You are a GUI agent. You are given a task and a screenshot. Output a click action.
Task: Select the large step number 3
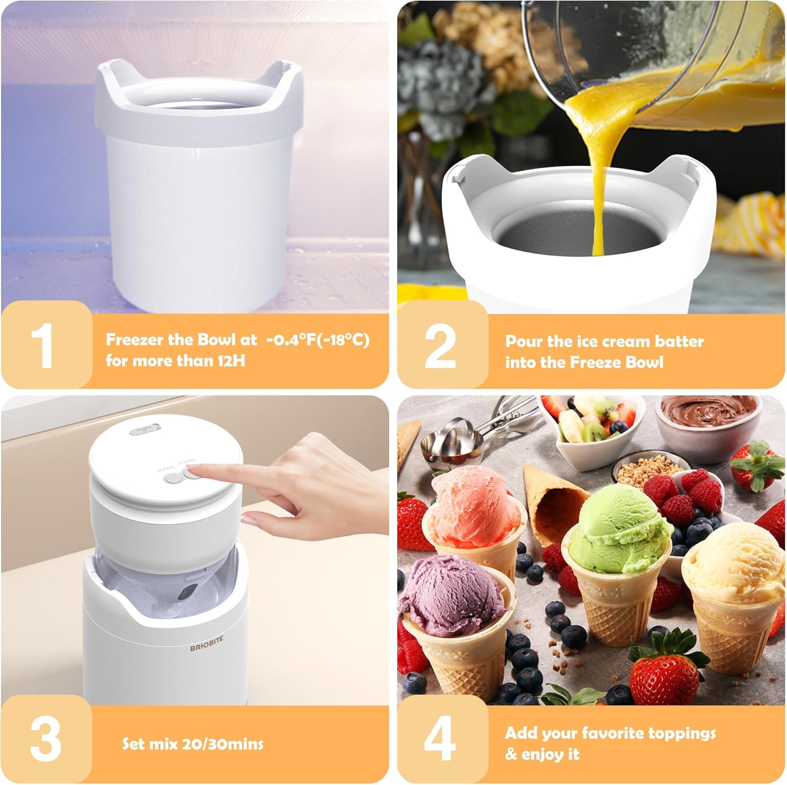(45, 739)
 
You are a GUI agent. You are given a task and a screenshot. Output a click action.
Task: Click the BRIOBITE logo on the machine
(206, 644)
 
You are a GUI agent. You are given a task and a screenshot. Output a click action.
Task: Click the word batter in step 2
(679, 341)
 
